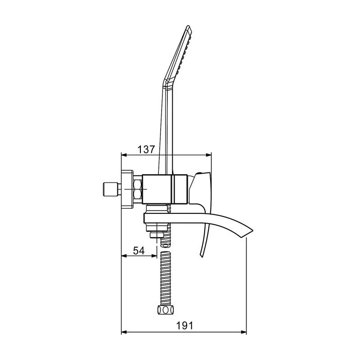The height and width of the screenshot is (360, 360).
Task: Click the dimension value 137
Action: point(146,149)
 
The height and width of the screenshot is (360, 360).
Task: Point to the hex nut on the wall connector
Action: point(138,189)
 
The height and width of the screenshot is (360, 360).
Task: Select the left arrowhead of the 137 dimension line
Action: point(125,155)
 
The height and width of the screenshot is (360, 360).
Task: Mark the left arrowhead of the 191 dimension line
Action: point(125,333)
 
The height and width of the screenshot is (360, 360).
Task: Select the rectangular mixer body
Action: point(165,189)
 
